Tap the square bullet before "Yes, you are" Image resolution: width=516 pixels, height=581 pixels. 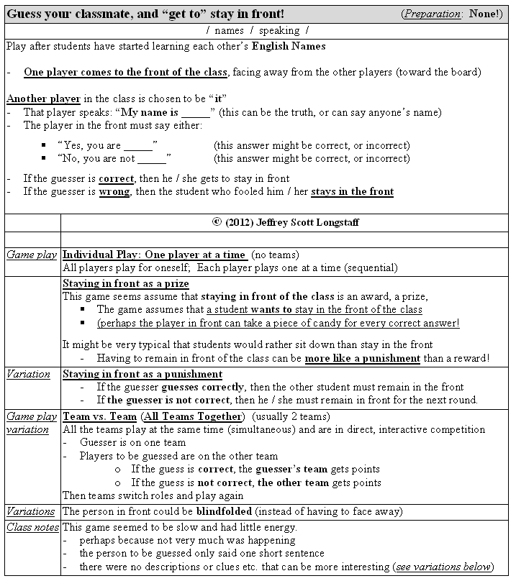click(45, 145)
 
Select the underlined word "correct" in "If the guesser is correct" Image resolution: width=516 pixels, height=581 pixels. click(116, 178)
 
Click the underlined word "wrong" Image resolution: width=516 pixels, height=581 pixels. click(115, 191)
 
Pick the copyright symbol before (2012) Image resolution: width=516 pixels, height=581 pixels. click(217, 222)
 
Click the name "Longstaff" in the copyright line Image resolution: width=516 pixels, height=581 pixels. click(334, 222)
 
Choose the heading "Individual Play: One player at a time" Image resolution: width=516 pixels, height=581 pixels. click(155, 255)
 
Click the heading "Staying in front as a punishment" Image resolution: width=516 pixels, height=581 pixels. click(142, 374)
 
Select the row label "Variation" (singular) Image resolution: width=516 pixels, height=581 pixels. click(29, 374)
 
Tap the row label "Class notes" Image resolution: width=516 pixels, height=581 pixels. click(31, 527)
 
